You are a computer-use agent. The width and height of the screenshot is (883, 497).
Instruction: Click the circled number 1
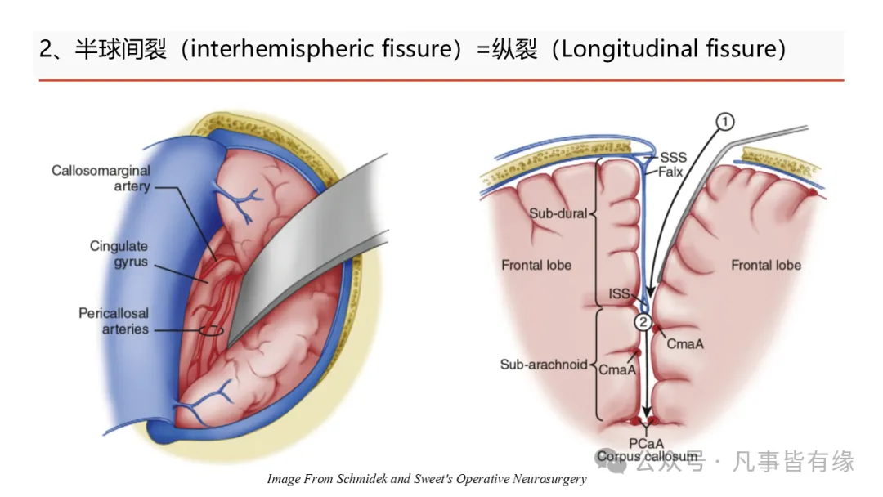point(724,123)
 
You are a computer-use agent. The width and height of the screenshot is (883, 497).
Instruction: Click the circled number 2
point(643,322)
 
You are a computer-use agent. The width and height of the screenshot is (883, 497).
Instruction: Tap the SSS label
point(674,158)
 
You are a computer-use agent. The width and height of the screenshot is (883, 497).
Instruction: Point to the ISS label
point(619,293)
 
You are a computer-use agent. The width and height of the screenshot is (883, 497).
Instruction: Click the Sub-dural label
point(558,214)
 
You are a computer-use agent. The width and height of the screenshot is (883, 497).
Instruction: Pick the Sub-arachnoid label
point(544,365)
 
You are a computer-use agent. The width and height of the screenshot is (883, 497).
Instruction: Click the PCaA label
point(647,444)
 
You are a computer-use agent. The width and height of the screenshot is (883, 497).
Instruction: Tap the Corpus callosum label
point(647,456)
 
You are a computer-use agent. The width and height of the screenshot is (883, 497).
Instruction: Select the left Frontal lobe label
point(536,266)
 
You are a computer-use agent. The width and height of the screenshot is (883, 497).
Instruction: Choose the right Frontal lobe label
point(766,266)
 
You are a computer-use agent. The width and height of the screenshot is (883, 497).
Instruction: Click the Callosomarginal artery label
point(101,178)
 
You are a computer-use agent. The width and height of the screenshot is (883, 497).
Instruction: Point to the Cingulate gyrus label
point(119,254)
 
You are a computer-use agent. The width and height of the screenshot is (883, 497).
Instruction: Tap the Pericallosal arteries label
point(114,321)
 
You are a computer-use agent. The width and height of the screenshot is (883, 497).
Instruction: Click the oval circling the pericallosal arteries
point(210,331)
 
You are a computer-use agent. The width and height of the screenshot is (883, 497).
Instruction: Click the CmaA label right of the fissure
point(685,344)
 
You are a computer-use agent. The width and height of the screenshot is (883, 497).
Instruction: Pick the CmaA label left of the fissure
point(617,370)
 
